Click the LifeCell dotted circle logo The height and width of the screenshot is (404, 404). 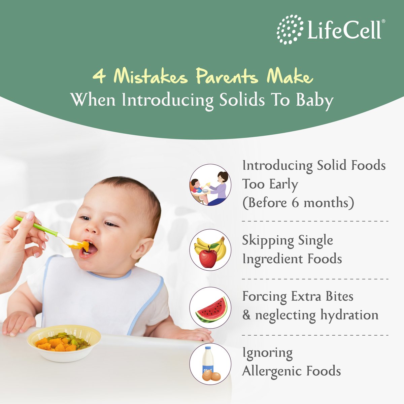tap(290, 30)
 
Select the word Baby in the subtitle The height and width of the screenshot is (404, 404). tap(314, 100)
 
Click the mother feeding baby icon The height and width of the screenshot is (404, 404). tap(210, 185)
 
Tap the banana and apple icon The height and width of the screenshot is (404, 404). tap(210, 250)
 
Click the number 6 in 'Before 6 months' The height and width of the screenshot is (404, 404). tap(295, 203)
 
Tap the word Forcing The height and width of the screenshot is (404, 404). tap(265, 296)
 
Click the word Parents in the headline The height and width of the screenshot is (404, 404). tap(227, 76)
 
